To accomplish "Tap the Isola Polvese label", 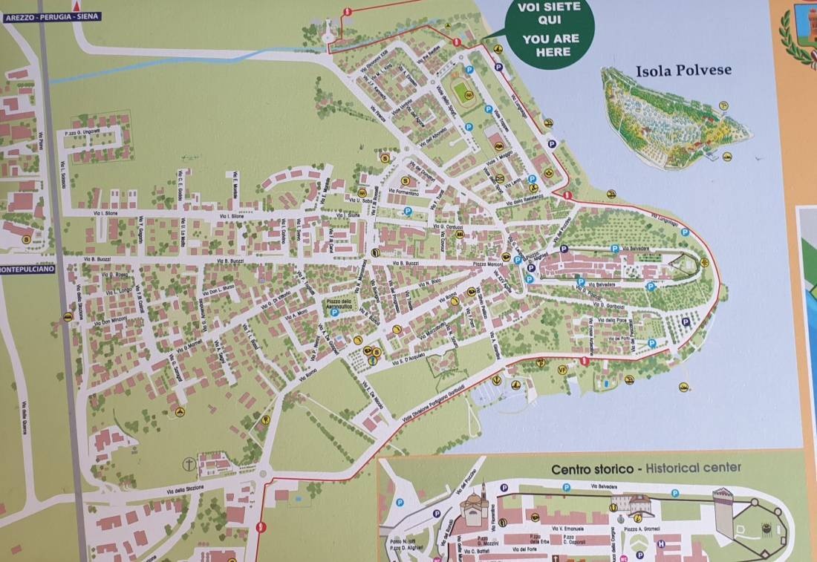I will [683, 71].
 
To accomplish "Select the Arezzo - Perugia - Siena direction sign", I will [51, 16].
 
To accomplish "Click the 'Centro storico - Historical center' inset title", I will [645, 469].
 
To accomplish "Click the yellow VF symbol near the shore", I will [562, 369].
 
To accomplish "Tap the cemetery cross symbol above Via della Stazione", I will [189, 464].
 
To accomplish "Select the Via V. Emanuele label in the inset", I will [569, 529].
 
